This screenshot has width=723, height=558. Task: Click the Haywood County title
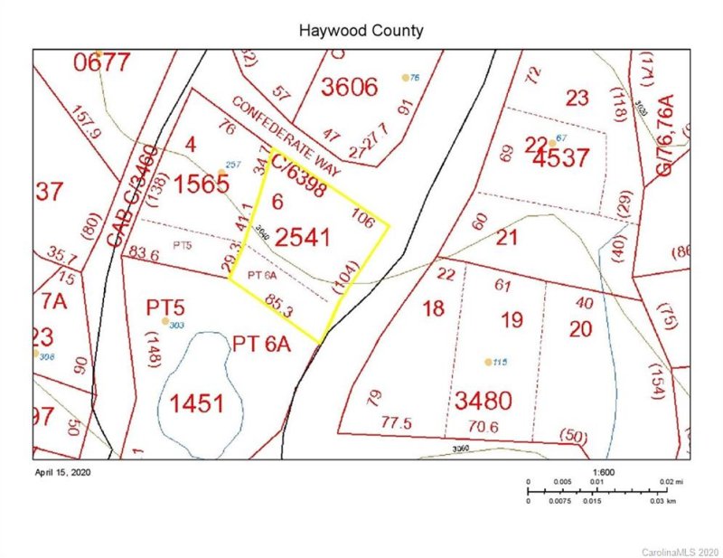click(x=361, y=31)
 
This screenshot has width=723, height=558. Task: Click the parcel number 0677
click(x=103, y=62)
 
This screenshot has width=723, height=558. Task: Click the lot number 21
click(x=506, y=237)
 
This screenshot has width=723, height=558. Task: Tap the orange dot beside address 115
click(x=488, y=362)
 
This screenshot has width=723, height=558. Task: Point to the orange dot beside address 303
click(x=164, y=321)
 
